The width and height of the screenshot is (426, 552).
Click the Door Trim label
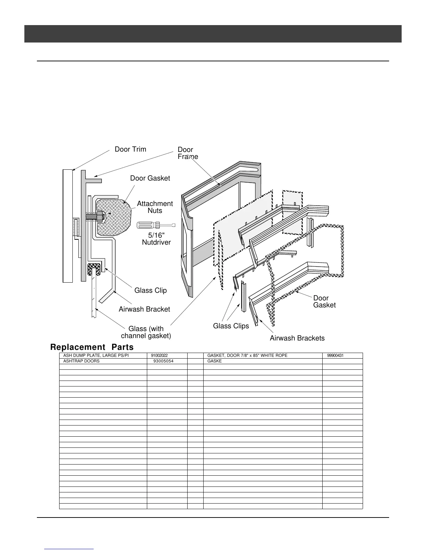(131, 149)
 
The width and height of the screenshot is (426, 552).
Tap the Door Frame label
(188, 153)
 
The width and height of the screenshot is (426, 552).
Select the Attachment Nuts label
(155, 207)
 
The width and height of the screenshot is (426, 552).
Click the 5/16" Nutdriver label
(156, 238)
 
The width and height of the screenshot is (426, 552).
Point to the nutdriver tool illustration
(156, 225)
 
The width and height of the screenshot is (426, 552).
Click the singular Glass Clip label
(150, 290)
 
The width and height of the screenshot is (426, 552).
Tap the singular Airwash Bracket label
(144, 309)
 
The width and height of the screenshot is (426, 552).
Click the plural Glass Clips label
(231, 326)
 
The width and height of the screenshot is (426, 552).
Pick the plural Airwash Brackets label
(297, 338)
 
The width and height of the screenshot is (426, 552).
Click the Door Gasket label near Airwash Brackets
(324, 301)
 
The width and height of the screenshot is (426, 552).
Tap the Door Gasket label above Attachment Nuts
(150, 178)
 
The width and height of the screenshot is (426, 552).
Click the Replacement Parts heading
(92, 347)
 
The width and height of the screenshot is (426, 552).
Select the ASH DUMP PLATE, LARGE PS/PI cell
(96, 355)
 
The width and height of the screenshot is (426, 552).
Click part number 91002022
(159, 355)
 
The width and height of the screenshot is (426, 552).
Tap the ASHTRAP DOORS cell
(81, 361)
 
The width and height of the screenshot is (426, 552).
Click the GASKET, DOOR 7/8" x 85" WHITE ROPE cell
(247, 355)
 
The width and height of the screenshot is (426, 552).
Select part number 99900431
(336, 355)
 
